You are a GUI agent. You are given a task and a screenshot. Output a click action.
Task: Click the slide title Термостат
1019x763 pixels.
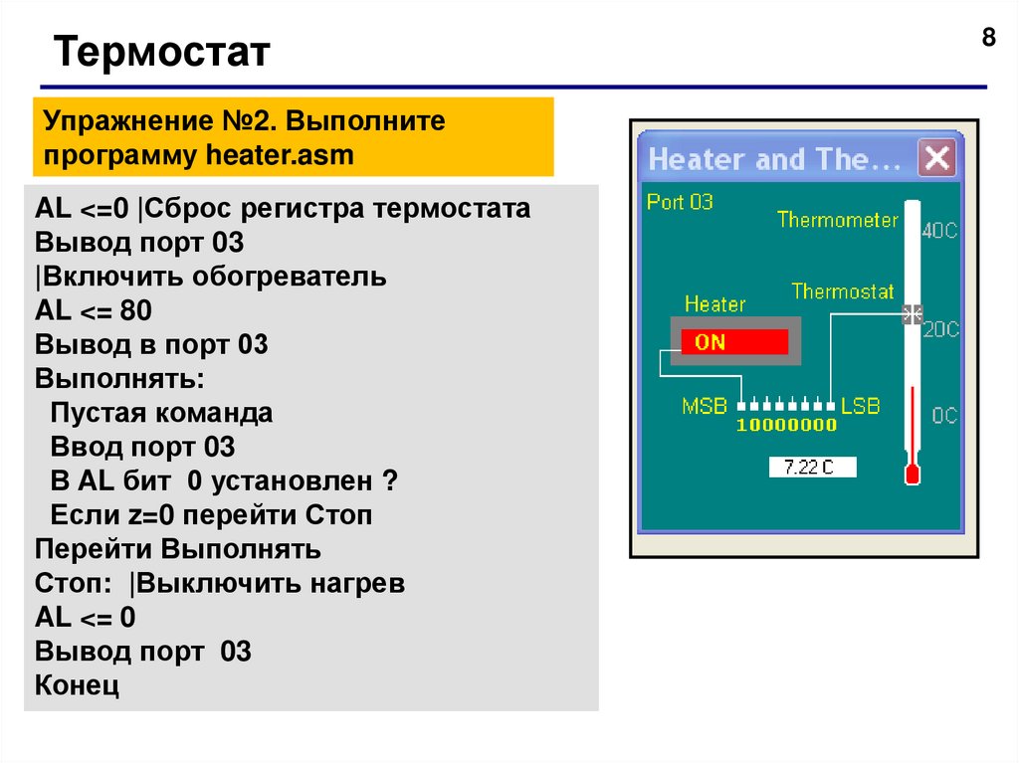[161, 52]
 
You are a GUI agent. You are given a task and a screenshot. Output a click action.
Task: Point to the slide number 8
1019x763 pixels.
[988, 38]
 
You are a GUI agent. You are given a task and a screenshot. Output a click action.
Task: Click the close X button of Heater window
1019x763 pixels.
[936, 159]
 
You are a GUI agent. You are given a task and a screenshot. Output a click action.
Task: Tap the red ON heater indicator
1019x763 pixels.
[734, 342]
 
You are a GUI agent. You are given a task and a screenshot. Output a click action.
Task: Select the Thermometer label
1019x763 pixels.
[837, 220]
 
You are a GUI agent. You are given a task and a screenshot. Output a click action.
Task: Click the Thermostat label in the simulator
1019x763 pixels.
[843, 291]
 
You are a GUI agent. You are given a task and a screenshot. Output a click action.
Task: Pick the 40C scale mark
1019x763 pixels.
[940, 230]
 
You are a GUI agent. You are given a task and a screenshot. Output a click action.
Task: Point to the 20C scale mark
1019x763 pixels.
[940, 329]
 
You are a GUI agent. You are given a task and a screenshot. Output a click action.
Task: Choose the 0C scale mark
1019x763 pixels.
[943, 415]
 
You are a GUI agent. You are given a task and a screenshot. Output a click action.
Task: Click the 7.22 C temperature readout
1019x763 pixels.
[812, 467]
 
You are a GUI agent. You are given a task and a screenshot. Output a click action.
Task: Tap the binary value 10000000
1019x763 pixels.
[786, 426]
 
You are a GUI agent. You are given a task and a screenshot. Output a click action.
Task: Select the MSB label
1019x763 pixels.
[704, 406]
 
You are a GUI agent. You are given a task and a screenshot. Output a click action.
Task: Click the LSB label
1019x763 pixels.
[861, 406]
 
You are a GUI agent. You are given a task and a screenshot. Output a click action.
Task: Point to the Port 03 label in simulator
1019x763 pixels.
[680, 202]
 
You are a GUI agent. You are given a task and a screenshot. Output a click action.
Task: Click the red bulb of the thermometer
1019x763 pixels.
[912, 474]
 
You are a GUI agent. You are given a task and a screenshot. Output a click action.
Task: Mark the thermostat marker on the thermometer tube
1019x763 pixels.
[912, 315]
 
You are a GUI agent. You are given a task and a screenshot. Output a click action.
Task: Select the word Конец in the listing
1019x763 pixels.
[77, 686]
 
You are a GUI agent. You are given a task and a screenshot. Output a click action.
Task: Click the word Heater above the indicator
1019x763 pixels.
[714, 304]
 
